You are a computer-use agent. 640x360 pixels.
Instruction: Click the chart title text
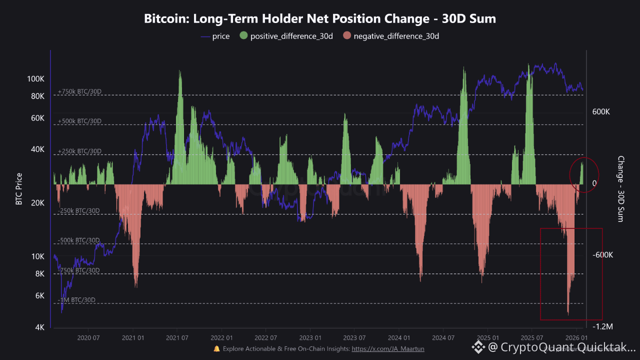(x=320, y=19)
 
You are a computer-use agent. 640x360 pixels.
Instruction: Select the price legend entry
(x=215, y=36)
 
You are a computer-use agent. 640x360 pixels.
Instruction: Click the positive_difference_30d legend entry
(x=286, y=36)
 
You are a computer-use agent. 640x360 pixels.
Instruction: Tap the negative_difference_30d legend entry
(x=391, y=36)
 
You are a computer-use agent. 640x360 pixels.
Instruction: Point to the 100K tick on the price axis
(x=36, y=79)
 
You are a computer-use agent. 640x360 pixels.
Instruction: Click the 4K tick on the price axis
(x=39, y=327)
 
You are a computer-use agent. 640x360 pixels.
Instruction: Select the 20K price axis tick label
(x=37, y=203)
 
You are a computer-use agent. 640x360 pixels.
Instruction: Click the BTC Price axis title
(x=19, y=189)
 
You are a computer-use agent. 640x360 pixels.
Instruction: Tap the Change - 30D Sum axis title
(x=620, y=189)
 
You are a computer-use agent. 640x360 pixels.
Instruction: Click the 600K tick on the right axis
(x=600, y=112)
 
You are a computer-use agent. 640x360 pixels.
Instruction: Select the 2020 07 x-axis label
(x=88, y=337)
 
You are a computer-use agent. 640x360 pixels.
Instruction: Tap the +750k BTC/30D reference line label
(x=79, y=91)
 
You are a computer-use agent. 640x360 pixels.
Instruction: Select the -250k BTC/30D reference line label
(x=78, y=210)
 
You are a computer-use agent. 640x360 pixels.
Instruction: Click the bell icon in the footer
(x=216, y=349)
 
